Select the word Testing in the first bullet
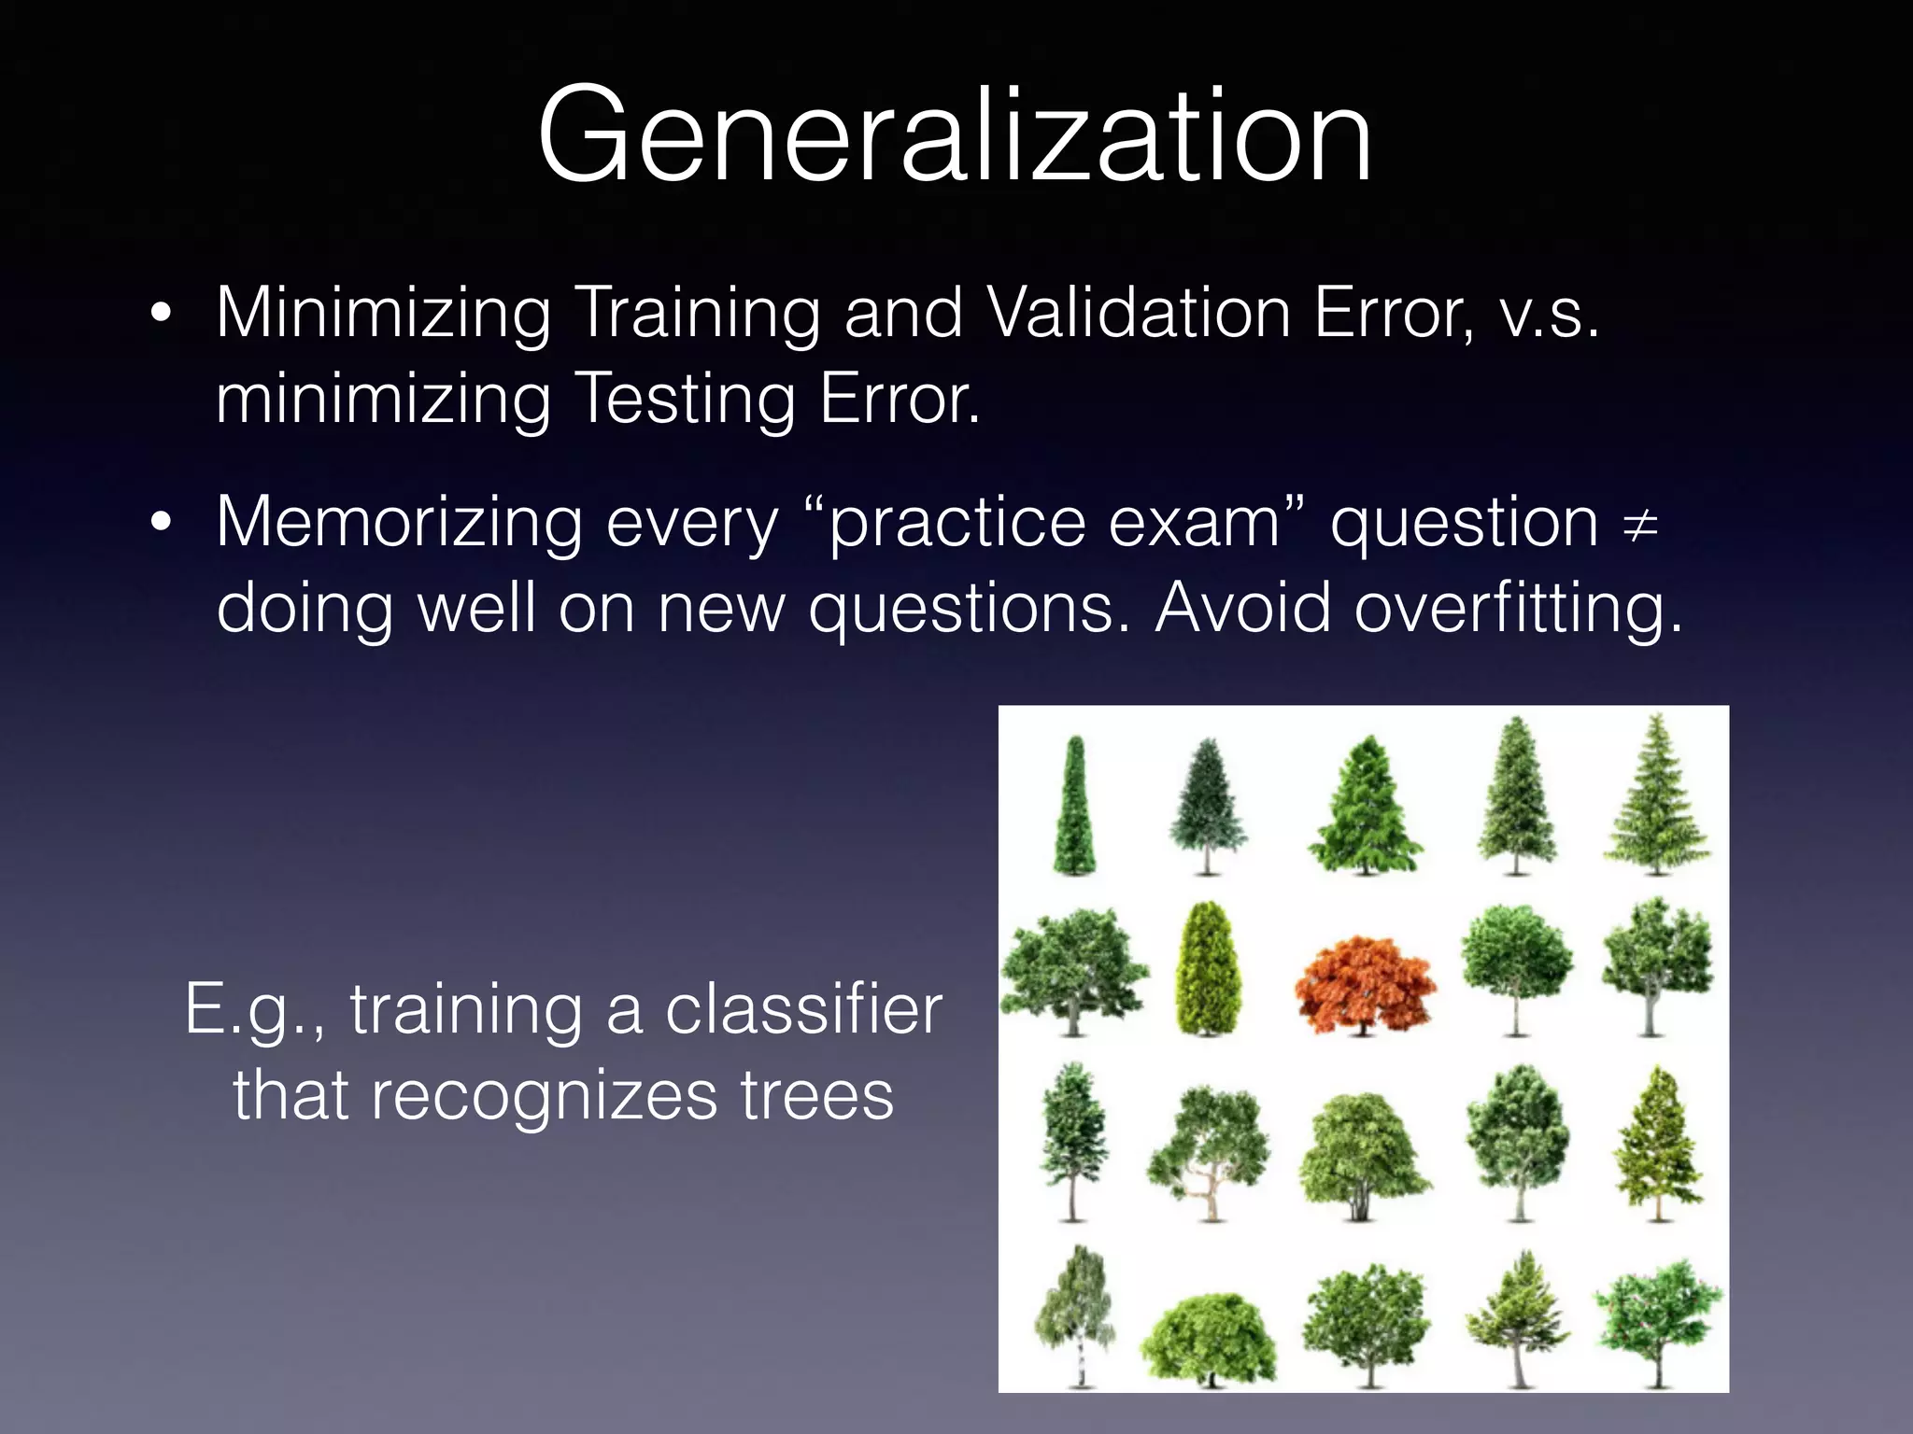[x=684, y=399]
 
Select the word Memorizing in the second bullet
[x=399, y=523]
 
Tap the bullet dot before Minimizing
[x=161, y=316]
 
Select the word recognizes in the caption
[x=545, y=1096]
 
